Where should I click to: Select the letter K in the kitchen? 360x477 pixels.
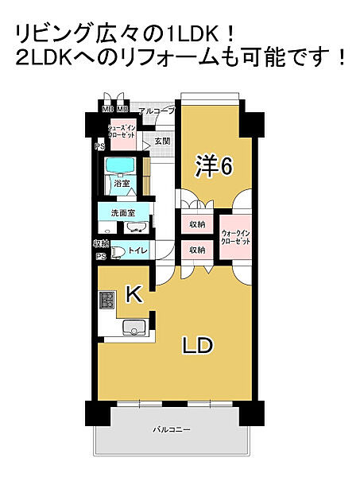click(x=134, y=296)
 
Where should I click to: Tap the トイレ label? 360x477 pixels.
click(x=137, y=250)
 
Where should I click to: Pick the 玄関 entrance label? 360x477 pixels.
click(x=162, y=141)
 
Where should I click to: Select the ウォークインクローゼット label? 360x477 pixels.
click(x=236, y=236)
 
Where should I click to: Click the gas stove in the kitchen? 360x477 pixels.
click(x=106, y=301)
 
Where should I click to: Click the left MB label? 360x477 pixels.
click(x=106, y=110)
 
